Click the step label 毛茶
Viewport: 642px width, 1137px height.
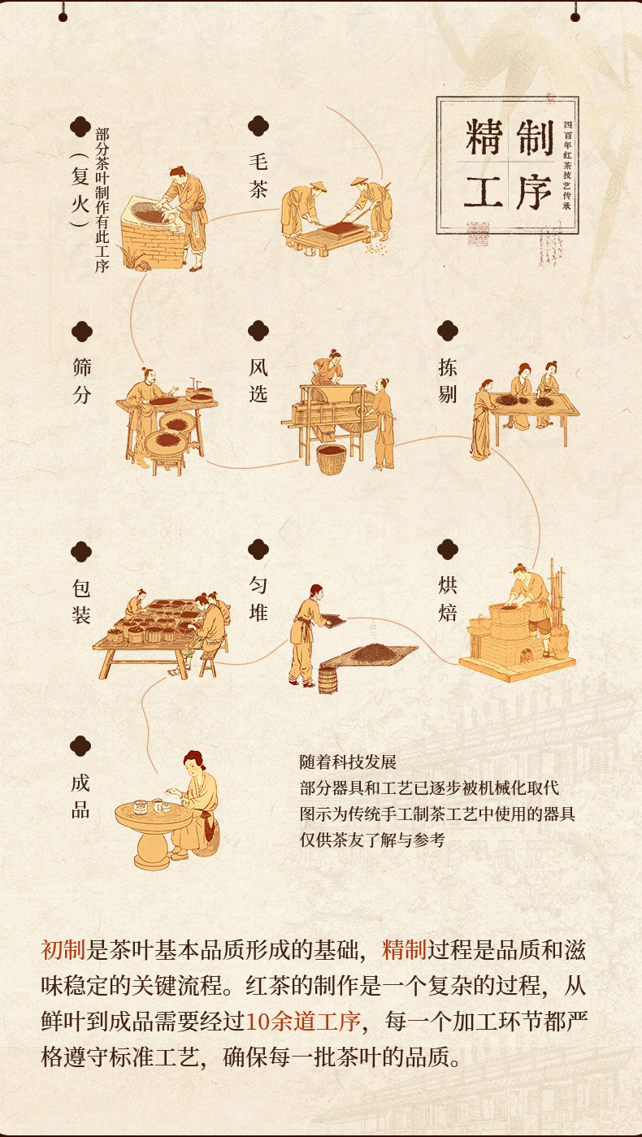(258, 176)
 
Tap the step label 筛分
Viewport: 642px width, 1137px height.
(82, 380)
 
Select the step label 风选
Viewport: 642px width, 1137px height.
(258, 380)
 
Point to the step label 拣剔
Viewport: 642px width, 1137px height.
(448, 380)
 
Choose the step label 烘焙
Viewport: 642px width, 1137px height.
(448, 599)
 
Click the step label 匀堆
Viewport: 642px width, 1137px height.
(258, 599)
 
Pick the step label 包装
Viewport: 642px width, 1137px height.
(81, 601)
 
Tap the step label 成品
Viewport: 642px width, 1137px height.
(80, 796)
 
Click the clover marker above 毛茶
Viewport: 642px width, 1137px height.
(258, 126)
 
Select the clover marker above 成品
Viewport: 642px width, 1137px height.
(80, 746)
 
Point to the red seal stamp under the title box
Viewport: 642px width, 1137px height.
(478, 234)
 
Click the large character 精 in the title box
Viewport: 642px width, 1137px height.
(484, 137)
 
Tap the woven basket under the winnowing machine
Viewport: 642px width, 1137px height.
(332, 459)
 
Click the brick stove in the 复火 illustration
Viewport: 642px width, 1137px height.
(152, 233)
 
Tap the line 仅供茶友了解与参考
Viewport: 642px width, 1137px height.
(372, 840)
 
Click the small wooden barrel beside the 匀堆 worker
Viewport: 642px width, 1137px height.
(328, 680)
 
